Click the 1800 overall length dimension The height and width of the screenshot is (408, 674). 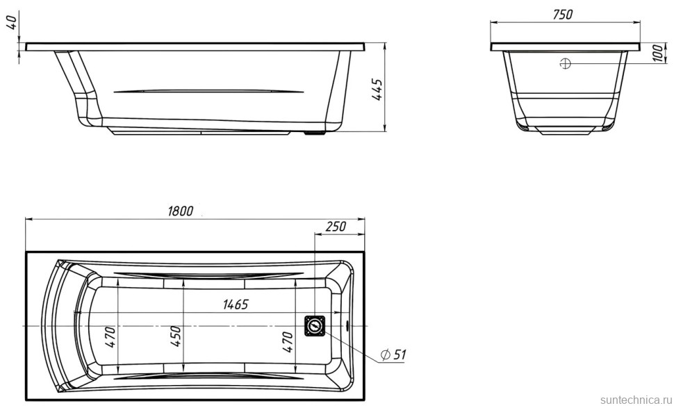point(181,211)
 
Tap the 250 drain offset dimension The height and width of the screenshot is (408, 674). point(336,227)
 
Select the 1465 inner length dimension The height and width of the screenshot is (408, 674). point(236,304)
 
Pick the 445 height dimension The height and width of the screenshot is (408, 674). point(377,90)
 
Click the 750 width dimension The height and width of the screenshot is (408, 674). point(562,15)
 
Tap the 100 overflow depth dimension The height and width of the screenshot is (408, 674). point(657,54)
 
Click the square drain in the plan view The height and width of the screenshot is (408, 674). point(315,325)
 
